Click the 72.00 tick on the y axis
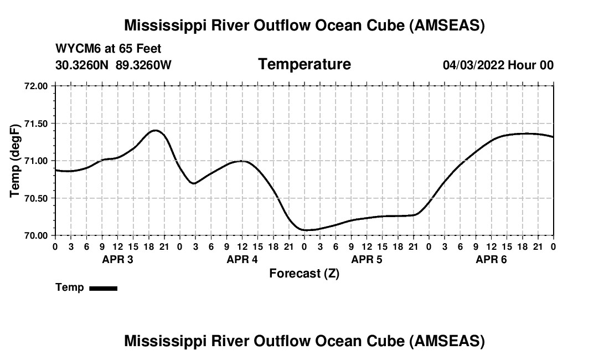click(37, 86)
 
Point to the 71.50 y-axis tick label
click(37, 124)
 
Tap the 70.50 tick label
click(37, 198)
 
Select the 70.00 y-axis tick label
click(37, 235)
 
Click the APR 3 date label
click(117, 260)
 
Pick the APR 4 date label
click(242, 260)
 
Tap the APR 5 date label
click(367, 260)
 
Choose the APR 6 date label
click(491, 260)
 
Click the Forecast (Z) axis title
click(304, 273)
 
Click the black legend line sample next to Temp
click(103, 288)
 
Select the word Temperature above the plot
click(304, 64)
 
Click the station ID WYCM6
click(74, 49)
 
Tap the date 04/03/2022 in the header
click(473, 65)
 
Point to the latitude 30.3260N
click(83, 65)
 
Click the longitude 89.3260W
click(143, 65)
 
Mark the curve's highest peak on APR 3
click(155, 130)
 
